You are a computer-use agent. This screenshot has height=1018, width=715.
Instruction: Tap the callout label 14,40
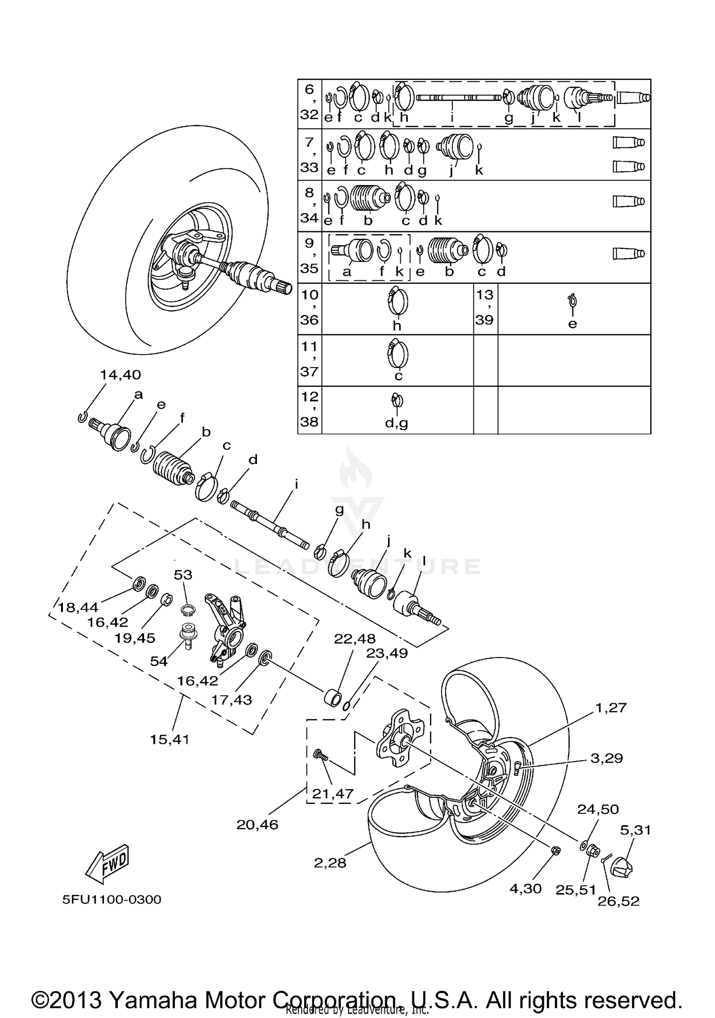(121, 375)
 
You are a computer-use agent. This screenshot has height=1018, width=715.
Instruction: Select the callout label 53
(183, 575)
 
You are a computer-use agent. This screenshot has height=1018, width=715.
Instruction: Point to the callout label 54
(159, 661)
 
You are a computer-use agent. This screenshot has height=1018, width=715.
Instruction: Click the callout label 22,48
(355, 638)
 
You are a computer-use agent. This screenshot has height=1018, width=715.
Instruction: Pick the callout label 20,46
(257, 824)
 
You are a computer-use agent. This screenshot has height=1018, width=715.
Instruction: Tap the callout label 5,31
(635, 830)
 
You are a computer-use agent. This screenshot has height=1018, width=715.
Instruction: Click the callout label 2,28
(330, 863)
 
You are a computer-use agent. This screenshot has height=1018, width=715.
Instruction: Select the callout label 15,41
(169, 740)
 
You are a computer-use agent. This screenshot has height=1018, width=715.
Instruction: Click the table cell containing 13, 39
(485, 308)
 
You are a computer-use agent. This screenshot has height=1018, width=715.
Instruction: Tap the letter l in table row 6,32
(579, 117)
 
